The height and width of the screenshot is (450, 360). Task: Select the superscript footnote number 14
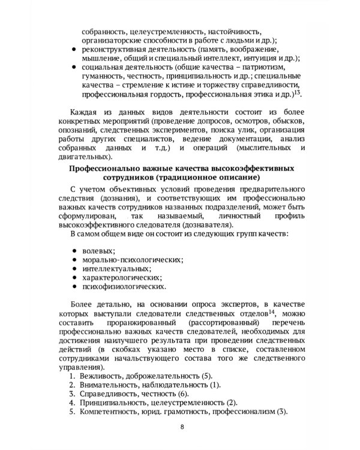coord(271,311)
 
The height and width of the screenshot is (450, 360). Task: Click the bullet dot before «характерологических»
coord(73,278)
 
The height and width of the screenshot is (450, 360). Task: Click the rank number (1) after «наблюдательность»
coord(215,384)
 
